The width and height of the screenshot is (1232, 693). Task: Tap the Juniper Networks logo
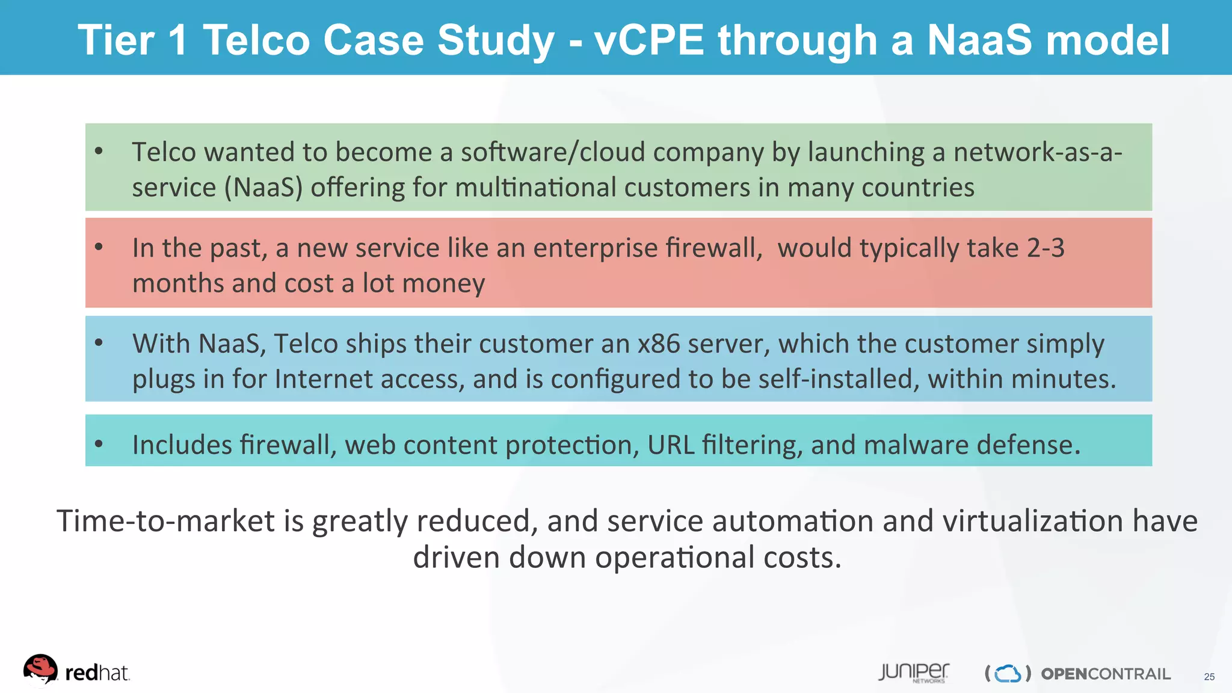(913, 673)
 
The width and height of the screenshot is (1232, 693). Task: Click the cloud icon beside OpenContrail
(1008, 674)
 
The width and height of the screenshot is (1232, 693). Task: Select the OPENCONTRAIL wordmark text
(1106, 674)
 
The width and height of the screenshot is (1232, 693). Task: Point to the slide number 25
(1209, 677)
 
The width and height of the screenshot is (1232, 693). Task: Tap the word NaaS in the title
(979, 40)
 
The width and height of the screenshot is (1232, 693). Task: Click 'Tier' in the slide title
(116, 40)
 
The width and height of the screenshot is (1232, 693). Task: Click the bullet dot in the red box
(99, 246)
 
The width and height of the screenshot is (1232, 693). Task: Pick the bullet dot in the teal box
(99, 444)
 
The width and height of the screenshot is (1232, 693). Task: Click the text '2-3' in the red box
(1046, 248)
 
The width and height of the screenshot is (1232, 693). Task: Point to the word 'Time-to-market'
(165, 521)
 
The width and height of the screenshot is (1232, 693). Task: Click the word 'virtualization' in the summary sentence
(1033, 521)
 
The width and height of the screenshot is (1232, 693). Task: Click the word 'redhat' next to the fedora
(97, 673)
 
